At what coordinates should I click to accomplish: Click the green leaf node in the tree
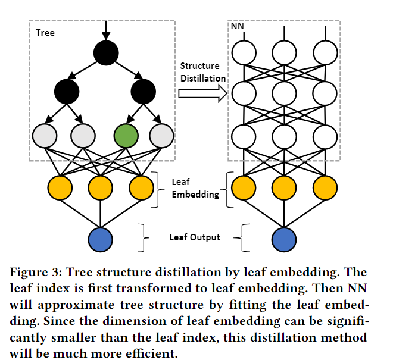tap(126, 136)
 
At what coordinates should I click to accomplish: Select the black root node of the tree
tap(106, 53)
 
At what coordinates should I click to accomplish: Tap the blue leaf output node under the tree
tap(100, 239)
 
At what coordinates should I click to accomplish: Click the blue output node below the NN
tap(284, 239)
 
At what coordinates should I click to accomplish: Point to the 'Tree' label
tap(45, 33)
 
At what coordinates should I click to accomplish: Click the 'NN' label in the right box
tap(237, 26)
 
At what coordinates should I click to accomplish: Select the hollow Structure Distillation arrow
tap(203, 93)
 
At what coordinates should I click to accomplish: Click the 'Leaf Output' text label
tap(195, 237)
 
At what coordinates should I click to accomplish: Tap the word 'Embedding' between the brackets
tap(195, 195)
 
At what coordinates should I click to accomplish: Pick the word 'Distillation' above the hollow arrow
tap(203, 79)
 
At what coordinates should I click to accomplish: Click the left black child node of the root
tap(67, 92)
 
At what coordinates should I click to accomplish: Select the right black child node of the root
tap(144, 92)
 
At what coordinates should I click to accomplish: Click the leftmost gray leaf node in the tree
tap(45, 136)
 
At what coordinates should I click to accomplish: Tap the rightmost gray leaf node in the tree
tap(161, 136)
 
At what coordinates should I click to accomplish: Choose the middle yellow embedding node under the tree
tap(100, 187)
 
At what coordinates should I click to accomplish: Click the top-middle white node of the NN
tap(284, 53)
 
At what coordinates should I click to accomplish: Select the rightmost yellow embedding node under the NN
tap(325, 187)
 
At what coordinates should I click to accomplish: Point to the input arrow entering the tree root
tap(106, 30)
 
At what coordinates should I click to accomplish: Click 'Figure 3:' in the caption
tap(36, 272)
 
